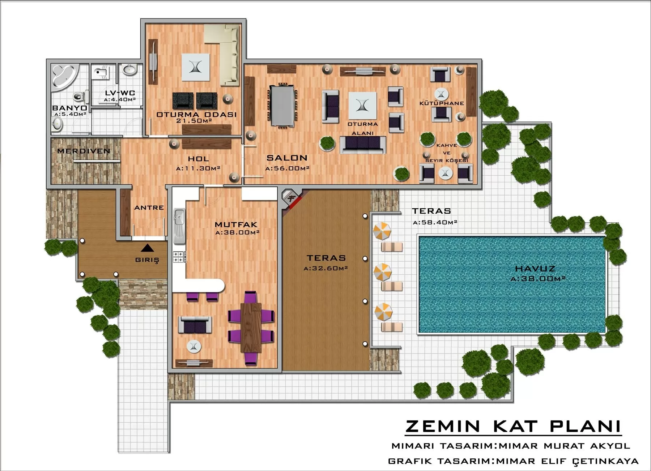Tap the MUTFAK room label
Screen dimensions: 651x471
coord(236,224)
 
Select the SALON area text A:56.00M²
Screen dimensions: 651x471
coord(287,168)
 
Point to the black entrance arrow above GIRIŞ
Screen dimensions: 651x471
coord(147,248)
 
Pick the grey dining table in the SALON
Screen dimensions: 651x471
coord(282,105)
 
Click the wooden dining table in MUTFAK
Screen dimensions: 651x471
coord(251,327)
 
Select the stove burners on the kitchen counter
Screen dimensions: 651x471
coord(178,257)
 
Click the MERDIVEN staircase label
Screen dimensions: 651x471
coord(84,151)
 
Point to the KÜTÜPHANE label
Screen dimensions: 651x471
coord(442,103)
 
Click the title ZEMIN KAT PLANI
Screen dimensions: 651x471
coord(513,426)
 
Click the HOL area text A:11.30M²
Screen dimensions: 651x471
coord(198,168)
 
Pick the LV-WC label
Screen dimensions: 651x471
coord(120,93)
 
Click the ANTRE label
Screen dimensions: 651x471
coord(149,207)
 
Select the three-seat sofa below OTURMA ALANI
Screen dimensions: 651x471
coord(363,145)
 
